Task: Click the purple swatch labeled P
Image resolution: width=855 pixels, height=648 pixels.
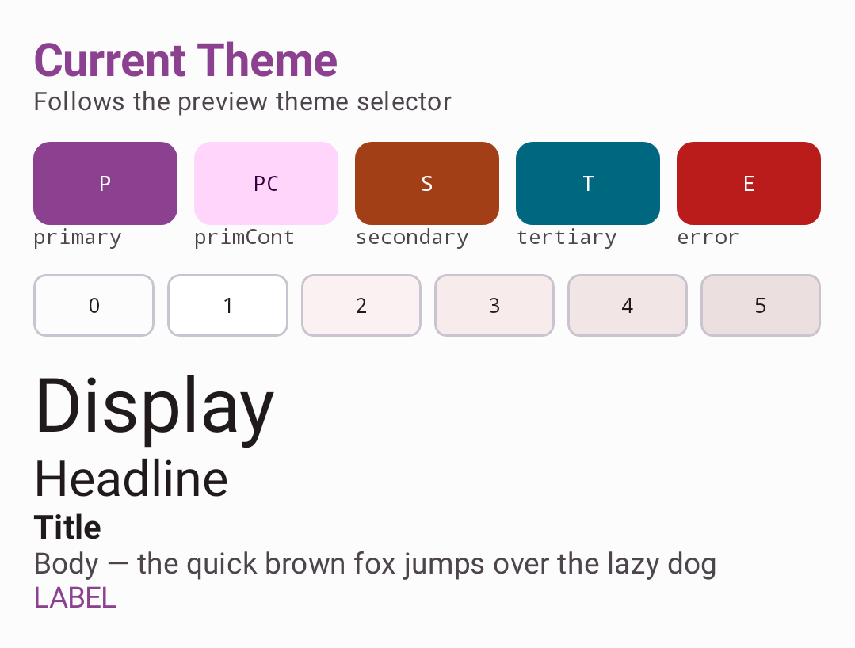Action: point(105,183)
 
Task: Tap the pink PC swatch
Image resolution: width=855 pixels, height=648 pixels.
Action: point(266,183)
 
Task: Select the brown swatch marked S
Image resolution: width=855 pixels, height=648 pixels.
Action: point(427,183)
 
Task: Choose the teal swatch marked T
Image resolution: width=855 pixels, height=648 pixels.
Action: point(588,183)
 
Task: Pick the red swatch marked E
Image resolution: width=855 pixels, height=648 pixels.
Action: point(749,183)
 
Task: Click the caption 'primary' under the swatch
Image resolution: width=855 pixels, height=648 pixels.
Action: point(78,238)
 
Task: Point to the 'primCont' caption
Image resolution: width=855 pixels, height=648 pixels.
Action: point(244,237)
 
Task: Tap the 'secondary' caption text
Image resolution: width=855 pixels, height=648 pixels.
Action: point(412,238)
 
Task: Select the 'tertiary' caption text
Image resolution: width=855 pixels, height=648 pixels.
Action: point(567,238)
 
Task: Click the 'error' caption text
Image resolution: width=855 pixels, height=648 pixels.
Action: point(708,238)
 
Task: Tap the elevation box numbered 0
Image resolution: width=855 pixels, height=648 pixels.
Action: point(94,305)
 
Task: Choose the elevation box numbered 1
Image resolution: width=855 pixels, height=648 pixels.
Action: point(227,305)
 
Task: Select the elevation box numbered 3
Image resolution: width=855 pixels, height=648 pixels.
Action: point(494,305)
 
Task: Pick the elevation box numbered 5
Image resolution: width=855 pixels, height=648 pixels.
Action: point(761,305)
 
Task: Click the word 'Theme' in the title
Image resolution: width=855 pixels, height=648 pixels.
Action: point(266,60)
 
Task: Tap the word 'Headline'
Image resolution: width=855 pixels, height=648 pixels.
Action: point(131,479)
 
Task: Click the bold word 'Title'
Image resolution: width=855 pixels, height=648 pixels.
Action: point(67,527)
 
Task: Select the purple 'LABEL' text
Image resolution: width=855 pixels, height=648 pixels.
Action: point(75,598)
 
